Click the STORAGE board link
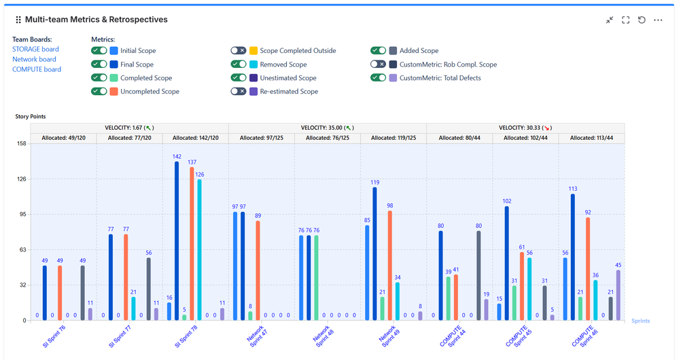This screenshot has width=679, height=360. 35,49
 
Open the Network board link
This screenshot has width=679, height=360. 34,59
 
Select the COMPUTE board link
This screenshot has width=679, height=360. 37,69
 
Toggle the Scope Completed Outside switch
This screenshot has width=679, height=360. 238,50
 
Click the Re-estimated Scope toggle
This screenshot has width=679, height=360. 238,91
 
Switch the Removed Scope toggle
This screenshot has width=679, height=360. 238,64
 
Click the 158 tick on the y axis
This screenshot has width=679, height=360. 21,144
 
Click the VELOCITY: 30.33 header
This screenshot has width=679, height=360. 525,128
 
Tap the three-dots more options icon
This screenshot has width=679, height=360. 658,20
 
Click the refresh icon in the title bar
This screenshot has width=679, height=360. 642,20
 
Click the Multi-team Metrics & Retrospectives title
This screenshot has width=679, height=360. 96,20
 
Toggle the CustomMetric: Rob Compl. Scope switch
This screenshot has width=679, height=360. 379,64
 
